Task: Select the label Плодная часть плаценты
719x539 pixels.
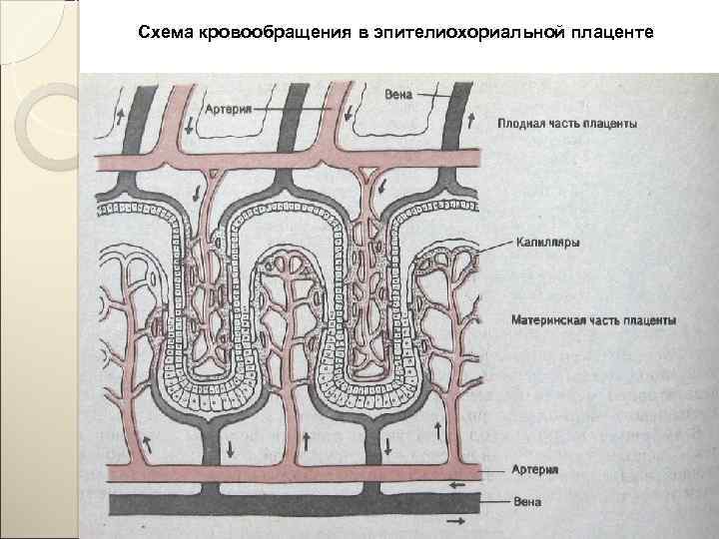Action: coord(568,124)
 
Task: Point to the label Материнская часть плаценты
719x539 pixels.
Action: coord(593,321)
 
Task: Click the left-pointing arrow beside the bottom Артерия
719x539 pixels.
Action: coord(457,484)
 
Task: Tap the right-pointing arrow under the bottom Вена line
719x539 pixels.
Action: coord(455,521)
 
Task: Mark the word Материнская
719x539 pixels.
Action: coord(548,321)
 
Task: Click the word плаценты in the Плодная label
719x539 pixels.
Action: coord(613,124)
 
